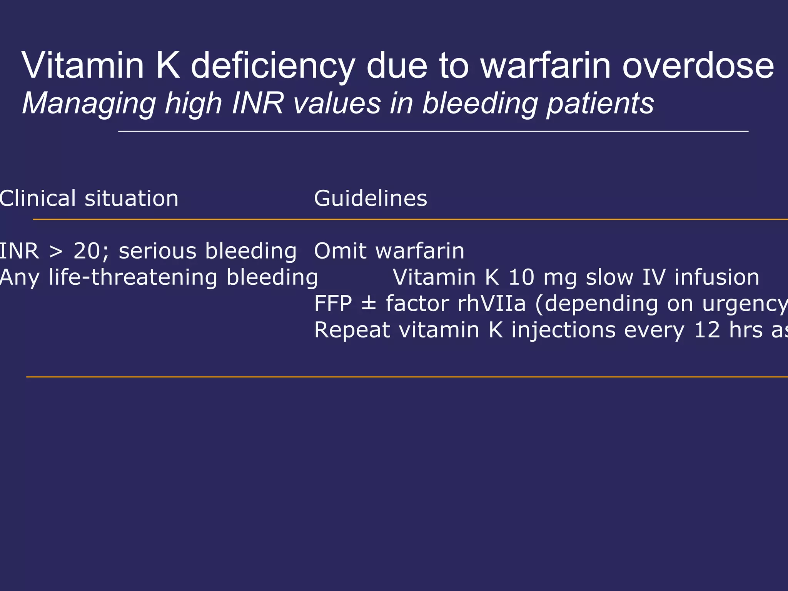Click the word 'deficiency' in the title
(x=272, y=66)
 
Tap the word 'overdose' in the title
(x=698, y=66)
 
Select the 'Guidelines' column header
(x=371, y=199)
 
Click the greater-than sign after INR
(x=56, y=252)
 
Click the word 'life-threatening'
(x=133, y=277)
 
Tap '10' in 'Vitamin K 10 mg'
(x=521, y=277)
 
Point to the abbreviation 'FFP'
(x=333, y=304)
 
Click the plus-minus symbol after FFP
(x=369, y=304)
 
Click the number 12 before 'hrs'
(x=707, y=330)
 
